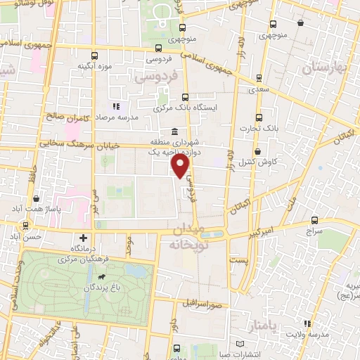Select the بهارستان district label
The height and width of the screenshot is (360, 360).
325,68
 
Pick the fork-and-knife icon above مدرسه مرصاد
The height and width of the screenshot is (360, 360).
116,106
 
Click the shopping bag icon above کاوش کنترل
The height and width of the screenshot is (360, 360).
258,151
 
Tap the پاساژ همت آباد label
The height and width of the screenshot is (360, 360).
47,210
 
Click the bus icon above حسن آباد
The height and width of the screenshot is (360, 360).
25,226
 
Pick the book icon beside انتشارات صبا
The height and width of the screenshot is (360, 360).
242,342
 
